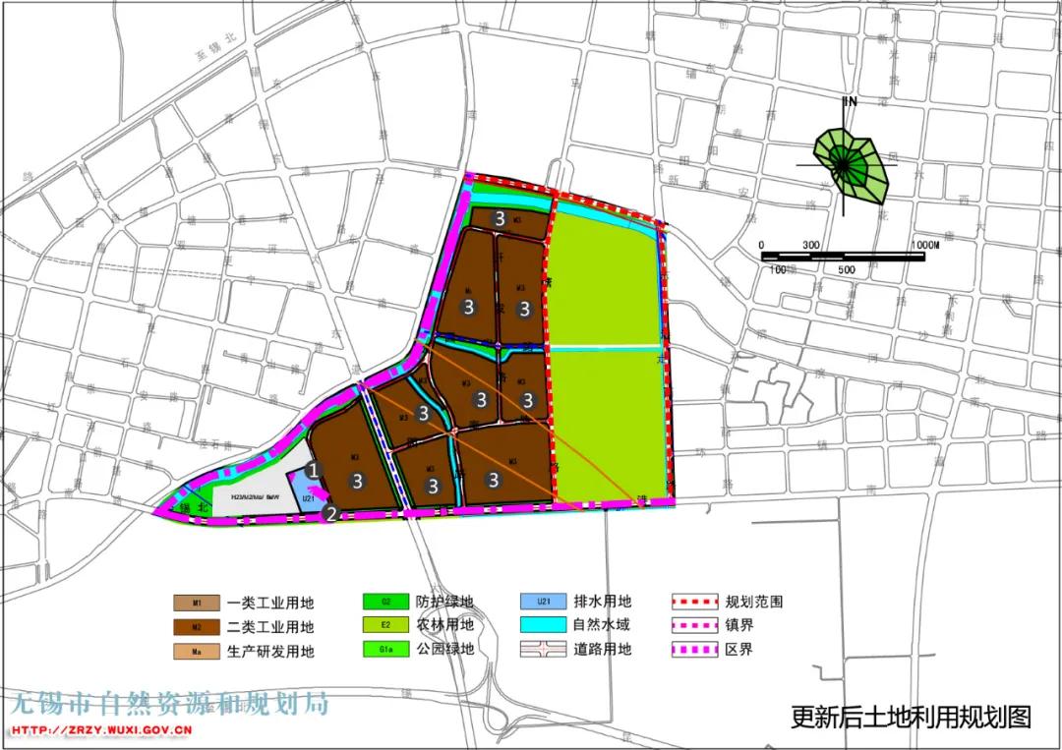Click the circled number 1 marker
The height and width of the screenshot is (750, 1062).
tap(313, 470)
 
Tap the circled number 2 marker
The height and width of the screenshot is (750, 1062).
tap(331, 513)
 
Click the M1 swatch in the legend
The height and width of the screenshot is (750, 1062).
tap(197, 603)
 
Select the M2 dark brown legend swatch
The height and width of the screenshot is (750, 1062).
tap(197, 626)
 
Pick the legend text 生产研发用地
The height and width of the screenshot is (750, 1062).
tap(270, 651)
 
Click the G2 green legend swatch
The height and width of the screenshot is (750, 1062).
tap(386, 602)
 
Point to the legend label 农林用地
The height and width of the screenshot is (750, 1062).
tap(445, 625)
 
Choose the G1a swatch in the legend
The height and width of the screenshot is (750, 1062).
tap(386, 649)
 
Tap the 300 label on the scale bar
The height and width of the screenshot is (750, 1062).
tap(812, 244)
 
